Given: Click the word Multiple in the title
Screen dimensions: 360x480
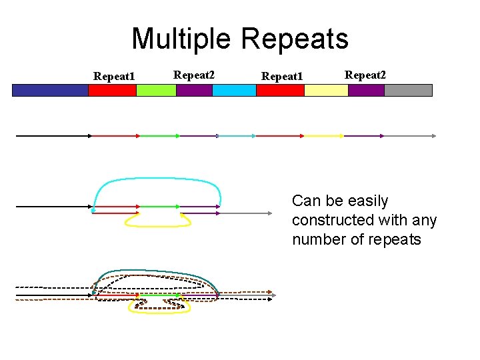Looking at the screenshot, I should point(182,39).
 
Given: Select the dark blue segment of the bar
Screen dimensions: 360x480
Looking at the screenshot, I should point(50,90).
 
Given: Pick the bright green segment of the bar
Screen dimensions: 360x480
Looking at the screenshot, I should point(156,90).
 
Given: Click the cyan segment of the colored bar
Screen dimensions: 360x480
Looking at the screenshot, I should point(234,90).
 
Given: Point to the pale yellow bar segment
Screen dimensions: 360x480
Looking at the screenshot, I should point(326,90).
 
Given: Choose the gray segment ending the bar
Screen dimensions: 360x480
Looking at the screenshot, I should point(408,90).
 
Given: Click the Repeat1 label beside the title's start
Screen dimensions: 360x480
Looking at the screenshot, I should point(114,76).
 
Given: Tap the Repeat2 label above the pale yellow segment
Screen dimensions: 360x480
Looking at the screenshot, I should point(365,75).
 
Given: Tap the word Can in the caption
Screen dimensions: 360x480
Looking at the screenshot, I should point(307,201).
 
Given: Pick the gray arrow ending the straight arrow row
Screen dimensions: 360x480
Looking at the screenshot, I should point(410,135).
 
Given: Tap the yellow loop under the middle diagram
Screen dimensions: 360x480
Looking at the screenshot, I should point(159,225).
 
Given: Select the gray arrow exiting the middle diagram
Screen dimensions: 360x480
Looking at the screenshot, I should point(247,213).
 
